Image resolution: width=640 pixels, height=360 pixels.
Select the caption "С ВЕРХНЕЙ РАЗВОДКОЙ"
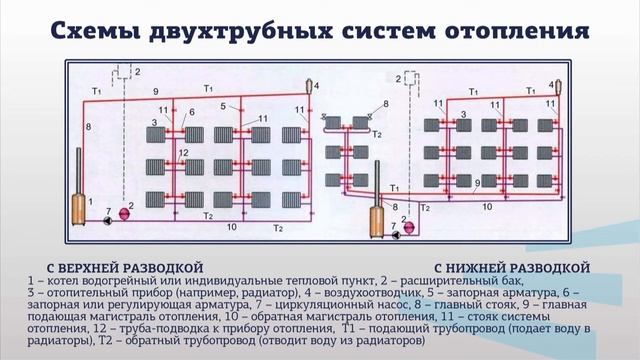pyautogui.click(x=117, y=268)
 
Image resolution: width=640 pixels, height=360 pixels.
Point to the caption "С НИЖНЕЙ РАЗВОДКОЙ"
pyautogui.click(x=513, y=268)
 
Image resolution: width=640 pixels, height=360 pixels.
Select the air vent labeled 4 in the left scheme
pyautogui.click(x=312, y=88)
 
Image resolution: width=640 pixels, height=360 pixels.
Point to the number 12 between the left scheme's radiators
pyautogui.click(x=183, y=152)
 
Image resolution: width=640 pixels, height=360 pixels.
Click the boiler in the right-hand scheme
pyautogui.click(x=380, y=213)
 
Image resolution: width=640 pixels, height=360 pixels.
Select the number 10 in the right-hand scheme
pyautogui.click(x=488, y=205)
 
